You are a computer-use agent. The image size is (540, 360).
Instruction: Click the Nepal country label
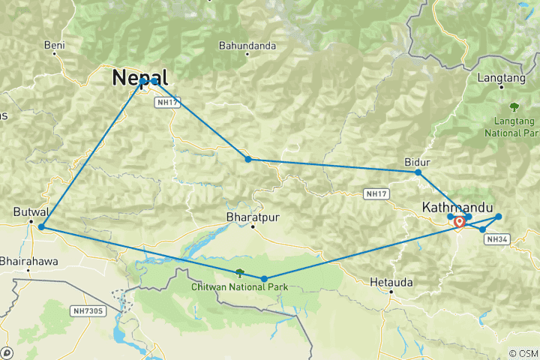pyautogui.click(x=139, y=77)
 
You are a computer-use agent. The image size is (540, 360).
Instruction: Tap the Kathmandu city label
pyautogui.click(x=457, y=206)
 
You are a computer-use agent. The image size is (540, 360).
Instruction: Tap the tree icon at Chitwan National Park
pyautogui.click(x=239, y=273)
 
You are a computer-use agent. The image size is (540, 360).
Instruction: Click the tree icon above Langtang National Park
pyautogui.click(x=514, y=106)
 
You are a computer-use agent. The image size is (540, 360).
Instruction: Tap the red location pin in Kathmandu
pyautogui.click(x=459, y=222)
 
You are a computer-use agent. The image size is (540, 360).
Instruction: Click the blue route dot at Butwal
pyautogui.click(x=41, y=226)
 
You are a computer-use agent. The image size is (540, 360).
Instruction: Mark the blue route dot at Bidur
pyautogui.click(x=418, y=172)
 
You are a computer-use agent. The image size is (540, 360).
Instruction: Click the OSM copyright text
pyautogui.click(x=523, y=353)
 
